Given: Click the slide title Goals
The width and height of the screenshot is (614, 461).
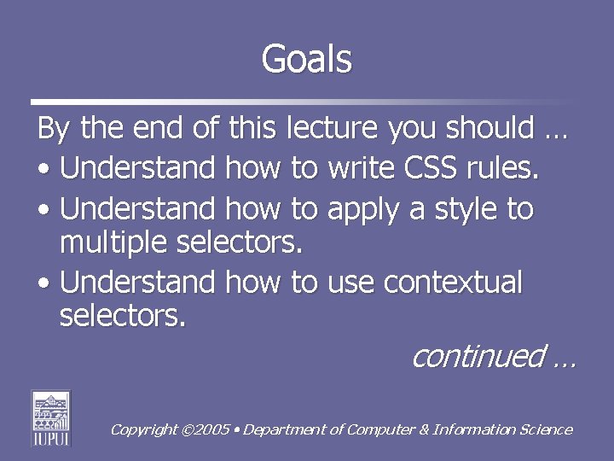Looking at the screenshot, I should pos(306,60).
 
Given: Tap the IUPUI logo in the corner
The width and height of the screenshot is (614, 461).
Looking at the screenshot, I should pos(50,417).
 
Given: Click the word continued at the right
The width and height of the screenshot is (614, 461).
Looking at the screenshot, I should pos(478,356).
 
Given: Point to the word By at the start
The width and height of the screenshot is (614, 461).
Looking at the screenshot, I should pos(55,130).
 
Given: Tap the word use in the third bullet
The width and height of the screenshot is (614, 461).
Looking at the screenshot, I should pos(350,283).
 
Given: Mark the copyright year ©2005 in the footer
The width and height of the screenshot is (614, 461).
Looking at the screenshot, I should pos(206,430).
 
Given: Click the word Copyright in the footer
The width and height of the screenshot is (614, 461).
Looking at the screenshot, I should pos(144,430).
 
